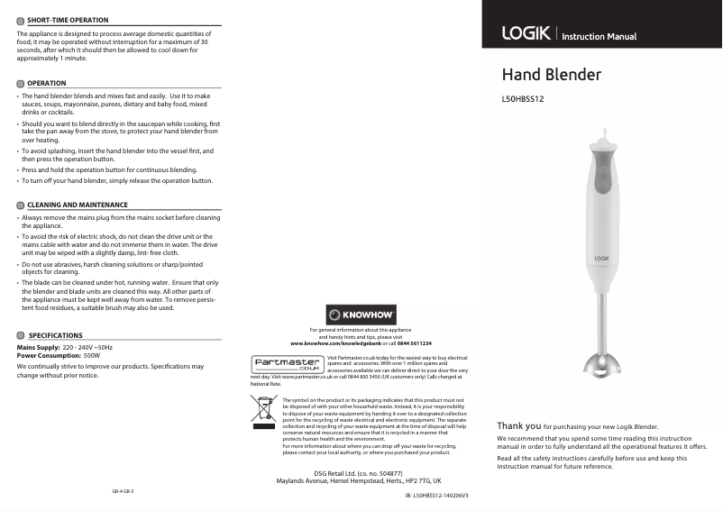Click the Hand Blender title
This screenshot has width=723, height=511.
click(551, 75)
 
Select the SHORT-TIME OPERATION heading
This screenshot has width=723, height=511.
click(68, 20)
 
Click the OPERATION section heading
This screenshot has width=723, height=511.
click(47, 83)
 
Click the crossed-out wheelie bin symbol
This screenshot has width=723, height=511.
click(263, 408)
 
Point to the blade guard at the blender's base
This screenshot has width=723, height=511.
click(602, 364)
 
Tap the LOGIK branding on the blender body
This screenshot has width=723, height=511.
click(603, 259)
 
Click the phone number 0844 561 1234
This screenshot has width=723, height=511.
click(415, 344)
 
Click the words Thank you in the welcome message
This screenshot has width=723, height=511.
click(518, 425)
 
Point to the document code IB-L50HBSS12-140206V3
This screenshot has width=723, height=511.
click(436, 496)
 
